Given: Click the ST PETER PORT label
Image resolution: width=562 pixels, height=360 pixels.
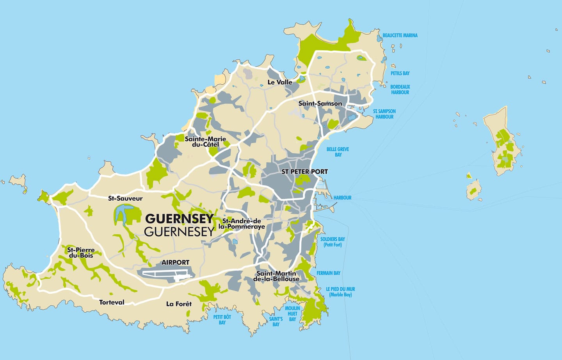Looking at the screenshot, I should pos(304,171).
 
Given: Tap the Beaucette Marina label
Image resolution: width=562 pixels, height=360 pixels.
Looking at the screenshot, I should pos(400,36).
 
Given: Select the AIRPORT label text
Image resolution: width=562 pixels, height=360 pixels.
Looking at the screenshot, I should pos(175,262).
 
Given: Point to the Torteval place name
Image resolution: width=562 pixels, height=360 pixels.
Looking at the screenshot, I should pos(112,302).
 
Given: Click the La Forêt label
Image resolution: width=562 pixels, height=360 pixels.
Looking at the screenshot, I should pos(179,304).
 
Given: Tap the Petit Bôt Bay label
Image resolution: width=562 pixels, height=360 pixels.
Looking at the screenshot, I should pos(222,320).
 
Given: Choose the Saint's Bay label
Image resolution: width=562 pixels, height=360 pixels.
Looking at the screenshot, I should pos(276,322).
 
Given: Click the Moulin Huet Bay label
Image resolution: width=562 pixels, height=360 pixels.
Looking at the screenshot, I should pos(292,314).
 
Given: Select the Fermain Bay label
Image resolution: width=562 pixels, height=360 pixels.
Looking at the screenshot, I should pos(328,273).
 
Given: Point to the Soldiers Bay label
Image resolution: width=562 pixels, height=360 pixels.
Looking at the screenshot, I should pos(333,242).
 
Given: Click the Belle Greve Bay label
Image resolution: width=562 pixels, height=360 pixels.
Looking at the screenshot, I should pos(338,152).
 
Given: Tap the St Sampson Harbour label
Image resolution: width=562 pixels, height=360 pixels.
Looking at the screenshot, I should pos(384,114).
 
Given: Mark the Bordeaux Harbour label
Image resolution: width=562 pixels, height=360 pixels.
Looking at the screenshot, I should pos(400,89).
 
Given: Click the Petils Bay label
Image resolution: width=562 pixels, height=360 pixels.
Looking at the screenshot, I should pos(400,73).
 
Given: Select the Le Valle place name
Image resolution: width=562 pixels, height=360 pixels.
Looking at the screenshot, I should pos(279,82).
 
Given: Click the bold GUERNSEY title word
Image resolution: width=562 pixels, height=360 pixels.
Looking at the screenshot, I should pos(179,218).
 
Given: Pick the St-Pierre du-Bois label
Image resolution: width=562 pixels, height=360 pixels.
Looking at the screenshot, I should pos(81,253).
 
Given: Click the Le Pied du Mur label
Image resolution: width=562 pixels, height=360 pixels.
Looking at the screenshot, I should pos(340,292).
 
